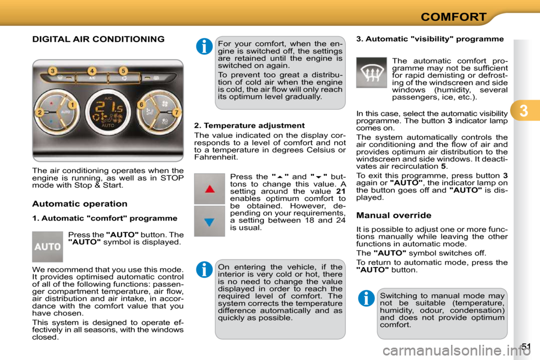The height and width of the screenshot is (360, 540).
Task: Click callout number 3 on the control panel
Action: coord(52,71)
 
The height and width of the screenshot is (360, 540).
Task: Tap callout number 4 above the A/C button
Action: coord(92,71)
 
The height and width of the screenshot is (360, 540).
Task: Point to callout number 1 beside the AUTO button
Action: coord(73,105)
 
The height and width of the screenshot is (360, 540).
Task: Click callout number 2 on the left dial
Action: coord(40,112)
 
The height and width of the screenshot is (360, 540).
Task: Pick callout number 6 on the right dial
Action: coord(142,105)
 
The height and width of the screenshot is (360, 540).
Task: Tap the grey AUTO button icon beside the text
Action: coord(47,246)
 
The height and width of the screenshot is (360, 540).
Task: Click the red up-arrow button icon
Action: coord(209,189)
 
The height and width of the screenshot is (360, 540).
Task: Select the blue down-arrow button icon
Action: coord(209,221)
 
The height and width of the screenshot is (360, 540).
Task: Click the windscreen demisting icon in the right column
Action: coord(371,73)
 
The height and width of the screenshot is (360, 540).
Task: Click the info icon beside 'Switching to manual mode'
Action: coord(366,298)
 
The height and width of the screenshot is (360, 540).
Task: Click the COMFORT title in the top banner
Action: coord(453,17)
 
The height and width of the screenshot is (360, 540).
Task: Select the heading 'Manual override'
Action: coord(394,215)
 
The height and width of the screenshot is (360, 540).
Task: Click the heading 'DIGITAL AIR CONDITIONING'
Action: coord(98,39)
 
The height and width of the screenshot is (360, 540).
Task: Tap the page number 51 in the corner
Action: coord(526,346)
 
